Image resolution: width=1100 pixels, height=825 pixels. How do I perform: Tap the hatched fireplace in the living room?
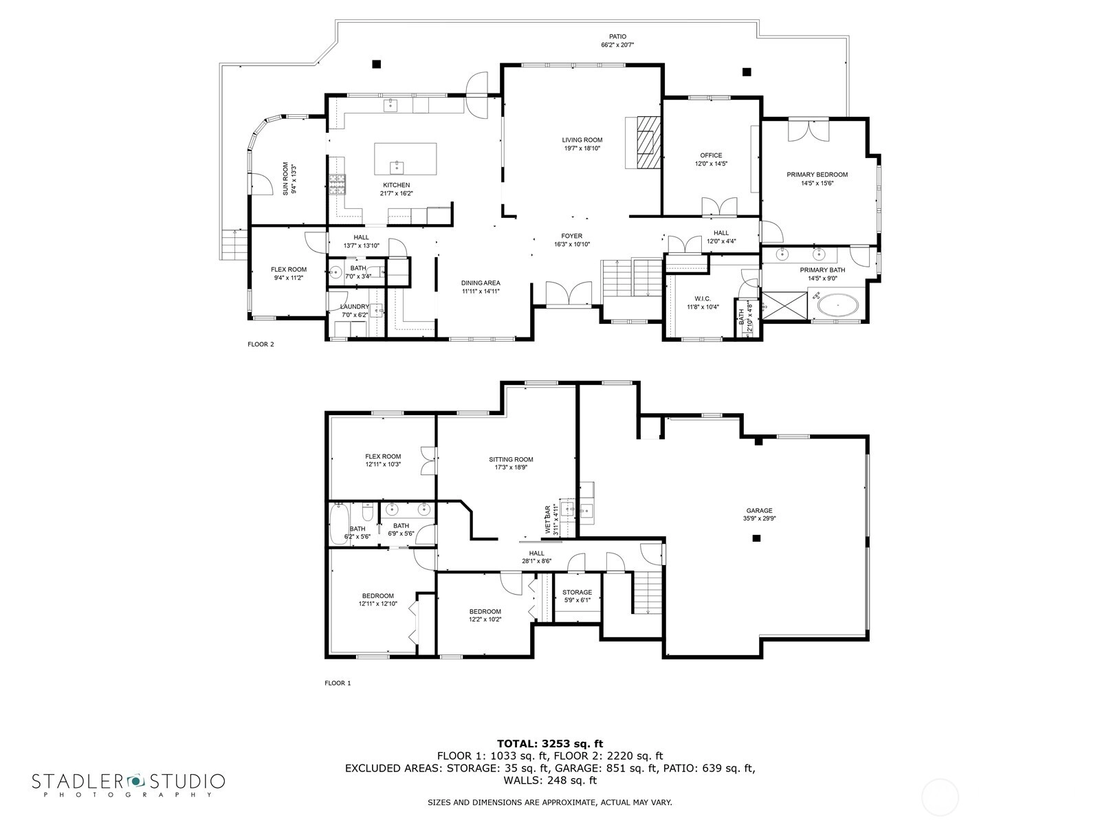tap(648, 143)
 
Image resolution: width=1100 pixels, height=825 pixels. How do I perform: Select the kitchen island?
tap(406, 159)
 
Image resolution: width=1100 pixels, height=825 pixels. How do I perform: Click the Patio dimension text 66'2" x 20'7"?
tap(617, 45)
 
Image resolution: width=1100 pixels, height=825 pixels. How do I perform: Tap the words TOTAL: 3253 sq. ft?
tap(550, 743)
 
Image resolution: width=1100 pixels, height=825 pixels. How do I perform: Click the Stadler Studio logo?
tap(129, 784)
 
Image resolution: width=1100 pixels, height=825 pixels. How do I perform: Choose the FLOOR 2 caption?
tap(261, 344)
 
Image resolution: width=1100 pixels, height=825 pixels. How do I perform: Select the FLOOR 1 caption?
tap(338, 683)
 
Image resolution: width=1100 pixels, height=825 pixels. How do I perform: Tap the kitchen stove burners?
tap(337, 184)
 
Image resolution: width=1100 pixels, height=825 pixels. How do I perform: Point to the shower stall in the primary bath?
tap(784, 305)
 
